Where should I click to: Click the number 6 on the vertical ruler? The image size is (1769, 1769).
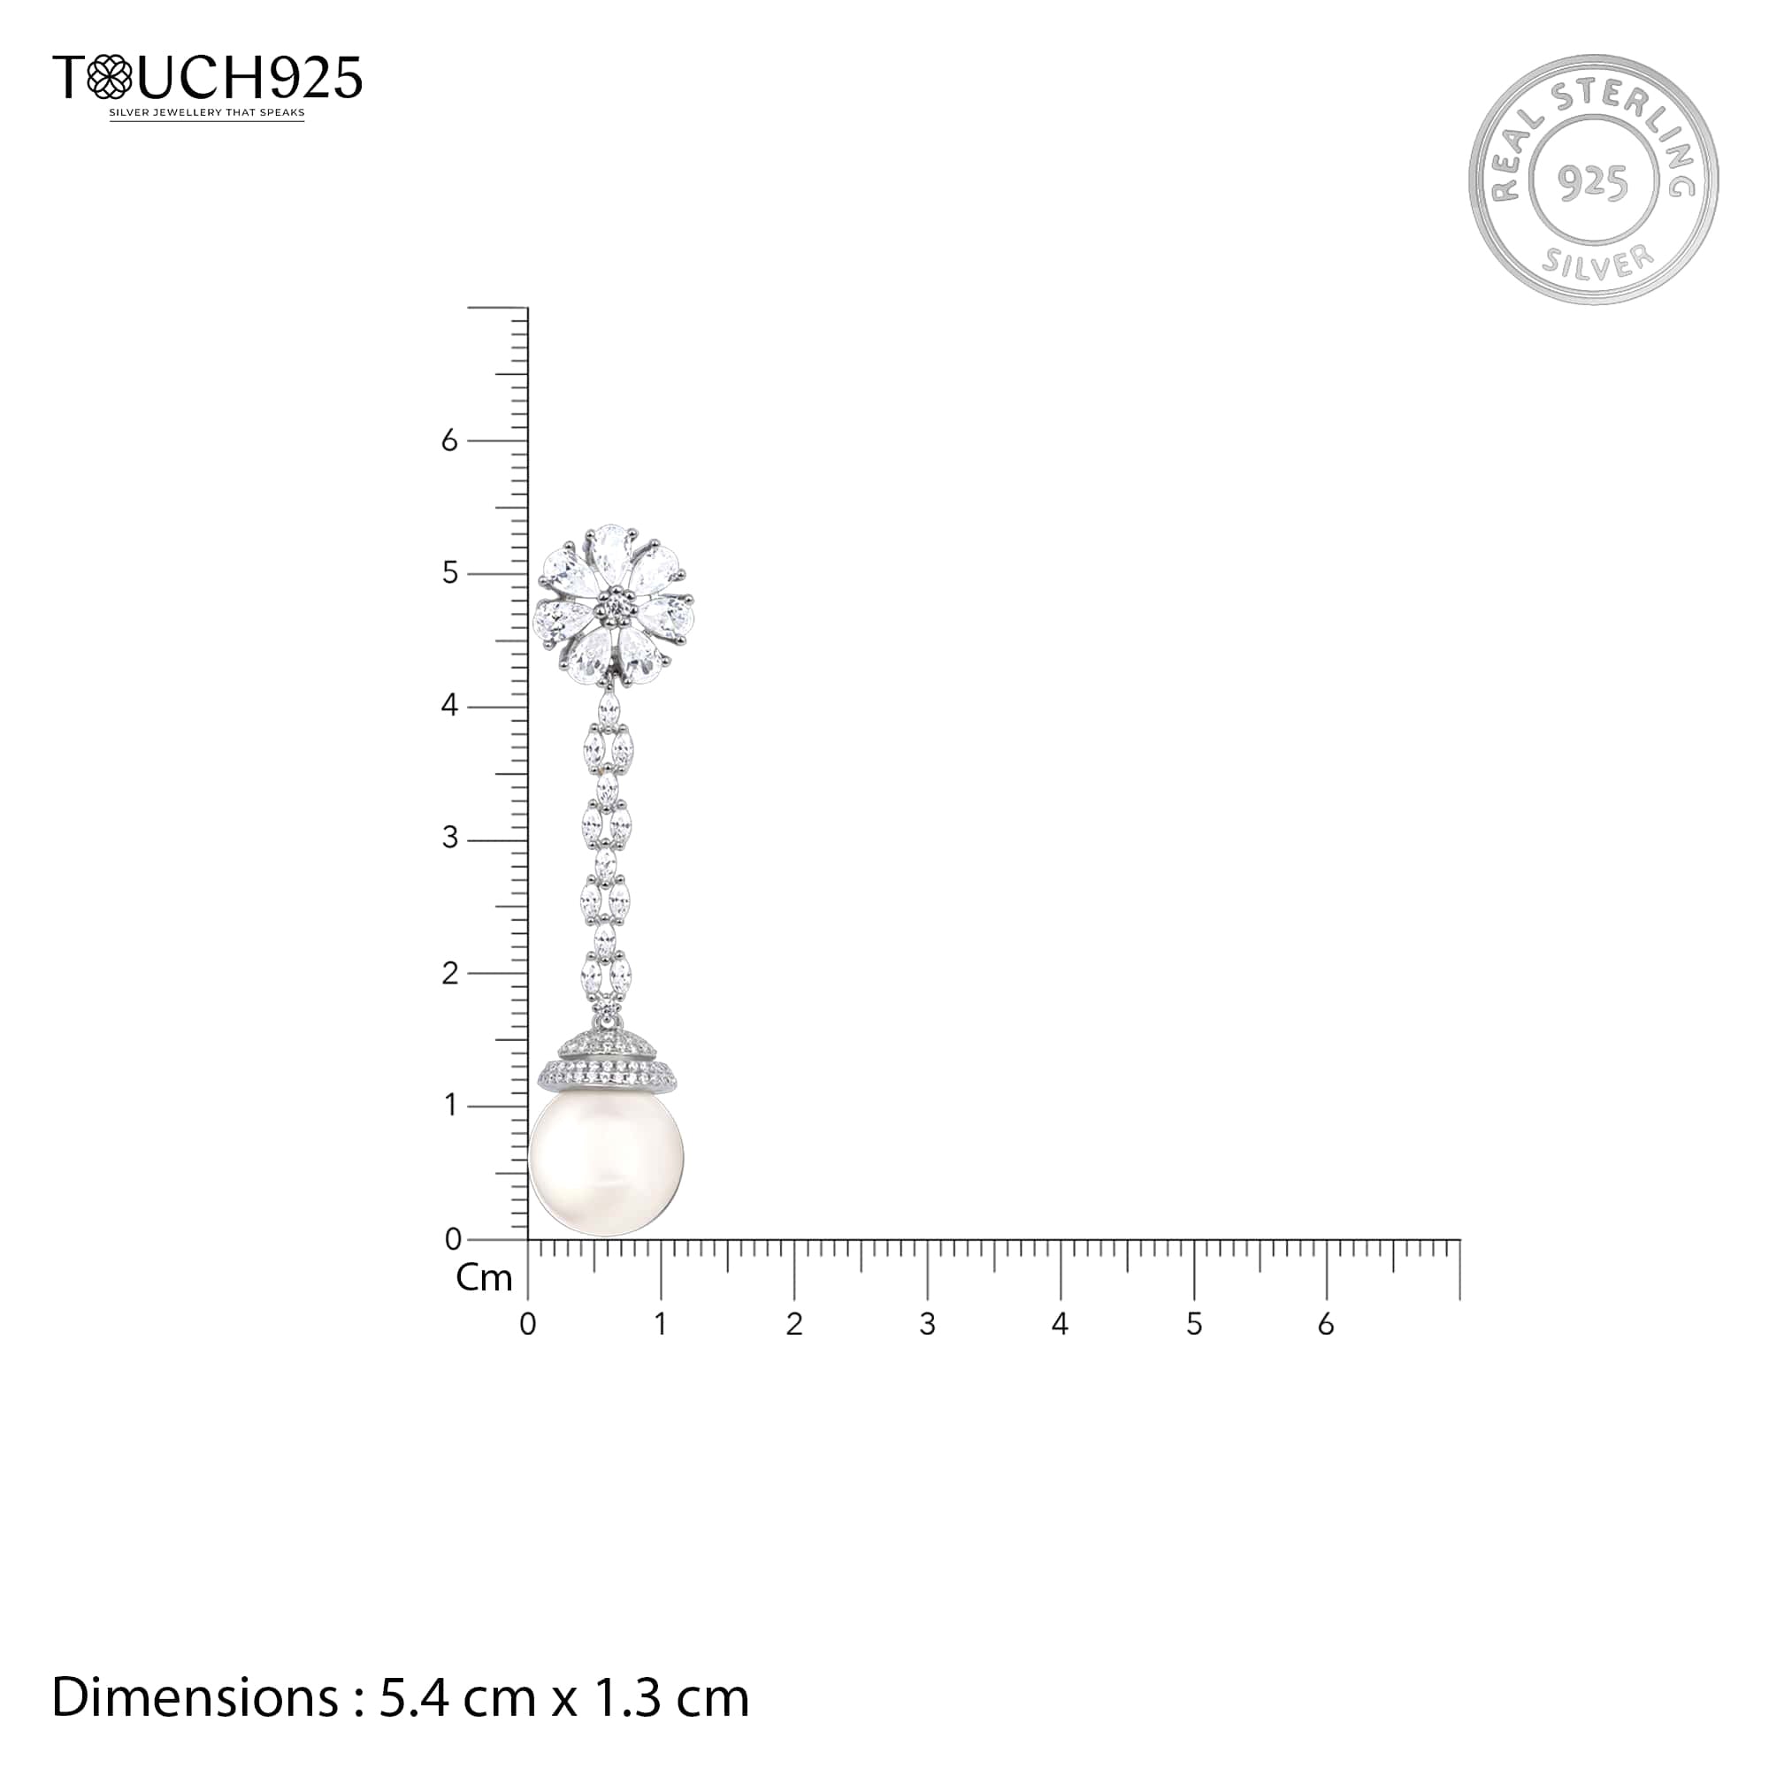(448, 441)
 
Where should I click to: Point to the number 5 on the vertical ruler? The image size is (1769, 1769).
(448, 573)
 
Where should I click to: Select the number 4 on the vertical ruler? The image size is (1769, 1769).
(448, 706)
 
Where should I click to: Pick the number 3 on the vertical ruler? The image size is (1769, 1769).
(448, 838)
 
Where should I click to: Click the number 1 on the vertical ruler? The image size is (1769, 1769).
(449, 1105)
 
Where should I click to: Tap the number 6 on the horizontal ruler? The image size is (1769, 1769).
(1326, 1324)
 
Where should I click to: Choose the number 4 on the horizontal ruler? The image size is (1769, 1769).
(1060, 1324)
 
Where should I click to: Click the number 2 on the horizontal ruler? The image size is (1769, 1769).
(794, 1324)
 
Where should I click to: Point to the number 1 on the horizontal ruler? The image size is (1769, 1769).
(660, 1324)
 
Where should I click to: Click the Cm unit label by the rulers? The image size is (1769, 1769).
(484, 1278)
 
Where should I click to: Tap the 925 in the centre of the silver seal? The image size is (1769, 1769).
(1593, 182)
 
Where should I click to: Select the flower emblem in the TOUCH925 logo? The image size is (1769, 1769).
(109, 77)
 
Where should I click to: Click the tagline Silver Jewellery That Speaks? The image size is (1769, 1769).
(207, 113)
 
